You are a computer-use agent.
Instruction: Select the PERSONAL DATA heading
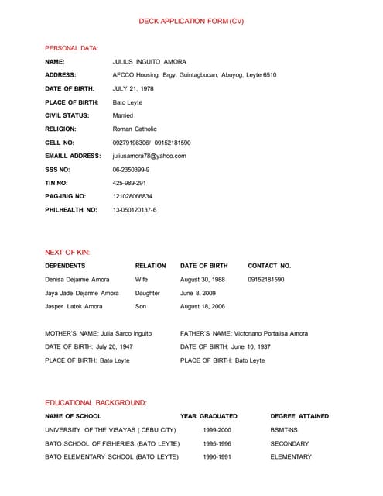tap(71, 48)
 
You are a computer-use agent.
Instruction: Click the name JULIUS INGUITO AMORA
tap(149, 62)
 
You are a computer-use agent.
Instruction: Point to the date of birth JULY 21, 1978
tap(133, 89)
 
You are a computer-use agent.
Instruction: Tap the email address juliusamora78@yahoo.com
tap(149, 156)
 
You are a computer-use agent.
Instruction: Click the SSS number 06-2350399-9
tap(132, 170)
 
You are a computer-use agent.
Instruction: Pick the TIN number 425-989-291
tap(129, 183)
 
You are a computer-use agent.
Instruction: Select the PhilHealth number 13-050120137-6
tap(135, 210)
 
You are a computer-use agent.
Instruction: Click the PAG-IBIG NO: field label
tap(66, 196)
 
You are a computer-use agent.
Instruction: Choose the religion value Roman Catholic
tap(135, 129)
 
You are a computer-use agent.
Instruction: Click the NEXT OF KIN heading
tap(67, 253)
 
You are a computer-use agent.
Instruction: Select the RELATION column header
tap(150, 266)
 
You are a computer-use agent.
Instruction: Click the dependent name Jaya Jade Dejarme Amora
tap(82, 293)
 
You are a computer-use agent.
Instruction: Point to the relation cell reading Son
tap(140, 307)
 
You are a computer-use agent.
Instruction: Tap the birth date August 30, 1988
tap(203, 279)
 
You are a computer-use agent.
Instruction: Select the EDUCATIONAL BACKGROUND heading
tap(96, 403)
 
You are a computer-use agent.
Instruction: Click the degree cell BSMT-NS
tap(284, 429)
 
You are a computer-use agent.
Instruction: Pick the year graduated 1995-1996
tap(217, 443)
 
